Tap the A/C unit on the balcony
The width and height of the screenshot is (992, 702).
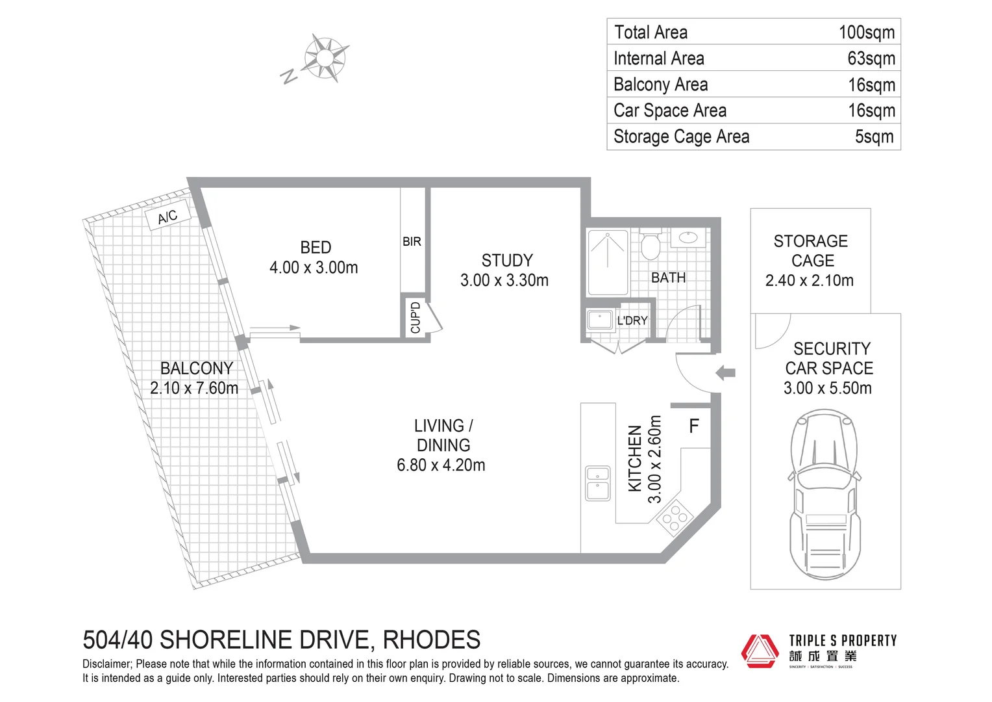(168, 216)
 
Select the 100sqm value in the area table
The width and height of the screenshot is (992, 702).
(866, 32)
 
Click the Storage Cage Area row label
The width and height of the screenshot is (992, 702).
(681, 136)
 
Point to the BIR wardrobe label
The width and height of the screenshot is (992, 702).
(412, 242)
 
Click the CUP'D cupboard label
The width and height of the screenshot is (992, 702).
(415, 317)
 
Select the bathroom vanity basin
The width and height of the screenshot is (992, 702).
(688, 238)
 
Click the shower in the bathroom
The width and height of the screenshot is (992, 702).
(608, 263)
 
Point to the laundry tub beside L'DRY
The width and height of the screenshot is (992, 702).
(599, 319)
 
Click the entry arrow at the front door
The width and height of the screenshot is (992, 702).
(725, 373)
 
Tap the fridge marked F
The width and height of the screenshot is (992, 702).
(694, 426)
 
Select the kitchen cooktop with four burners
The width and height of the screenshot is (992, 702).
(675, 518)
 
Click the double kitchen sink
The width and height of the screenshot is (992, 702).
(598, 484)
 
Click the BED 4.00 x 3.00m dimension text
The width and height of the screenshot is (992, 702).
(314, 267)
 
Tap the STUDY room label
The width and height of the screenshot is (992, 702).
(507, 260)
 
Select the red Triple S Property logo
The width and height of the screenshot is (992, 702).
(760, 651)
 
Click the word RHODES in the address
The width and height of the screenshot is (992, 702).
(431, 640)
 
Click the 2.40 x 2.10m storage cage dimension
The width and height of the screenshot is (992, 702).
(810, 280)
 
